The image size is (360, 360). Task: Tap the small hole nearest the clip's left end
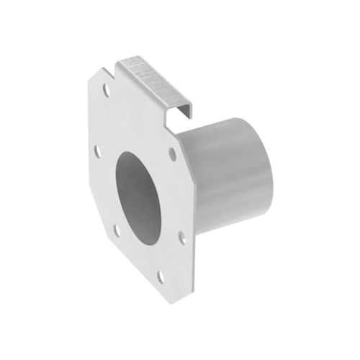click(106, 92)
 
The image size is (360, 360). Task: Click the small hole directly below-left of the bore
click(116, 230)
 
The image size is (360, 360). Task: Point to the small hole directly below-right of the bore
click(181, 233)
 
